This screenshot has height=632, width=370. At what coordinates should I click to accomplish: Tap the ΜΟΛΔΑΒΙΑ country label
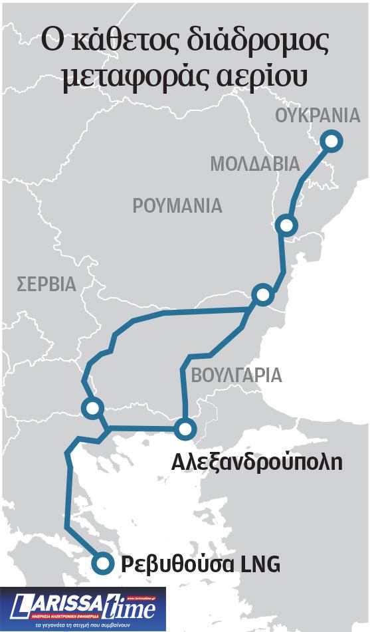tap(255, 163)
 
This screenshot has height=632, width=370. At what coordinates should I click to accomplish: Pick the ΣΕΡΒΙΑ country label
tap(46, 285)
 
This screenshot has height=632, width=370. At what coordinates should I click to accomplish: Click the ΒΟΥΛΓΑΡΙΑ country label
tap(236, 375)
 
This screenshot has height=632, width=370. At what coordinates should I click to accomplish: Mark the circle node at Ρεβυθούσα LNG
tap(101, 564)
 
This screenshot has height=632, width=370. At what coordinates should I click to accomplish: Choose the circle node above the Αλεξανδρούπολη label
tap(185, 429)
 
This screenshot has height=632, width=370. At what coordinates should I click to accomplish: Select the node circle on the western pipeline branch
tap(92, 407)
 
